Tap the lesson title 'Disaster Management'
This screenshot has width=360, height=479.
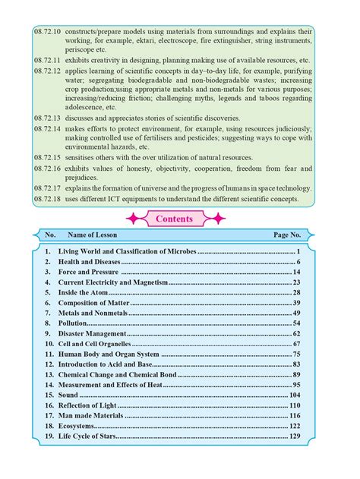pyautogui.click(x=91, y=333)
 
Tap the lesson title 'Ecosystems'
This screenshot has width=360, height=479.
pyautogui.click(x=77, y=427)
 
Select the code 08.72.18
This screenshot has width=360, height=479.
pyautogui.click(x=48, y=199)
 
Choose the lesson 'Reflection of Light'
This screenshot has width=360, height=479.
pyautogui.click(x=89, y=406)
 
